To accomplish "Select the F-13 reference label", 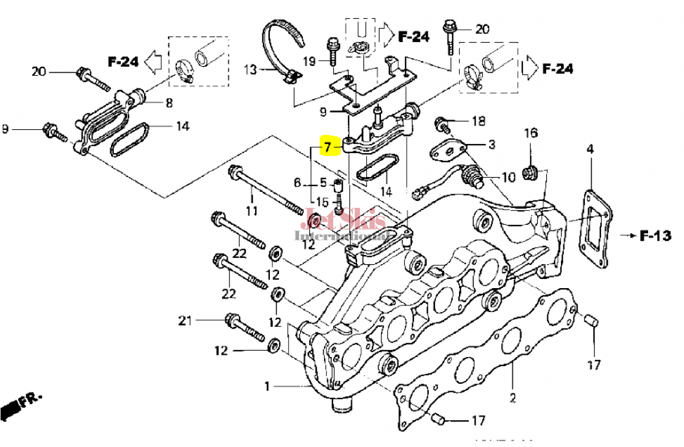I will point(655,235).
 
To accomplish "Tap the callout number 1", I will point(267,387).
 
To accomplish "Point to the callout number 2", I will point(512,398).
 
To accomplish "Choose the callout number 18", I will point(478,121).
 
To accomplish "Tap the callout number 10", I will point(508,177).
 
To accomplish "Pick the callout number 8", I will point(169,102).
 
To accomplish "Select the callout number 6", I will point(297,183).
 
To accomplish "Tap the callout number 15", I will point(322,202).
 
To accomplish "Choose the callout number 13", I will point(250,70).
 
